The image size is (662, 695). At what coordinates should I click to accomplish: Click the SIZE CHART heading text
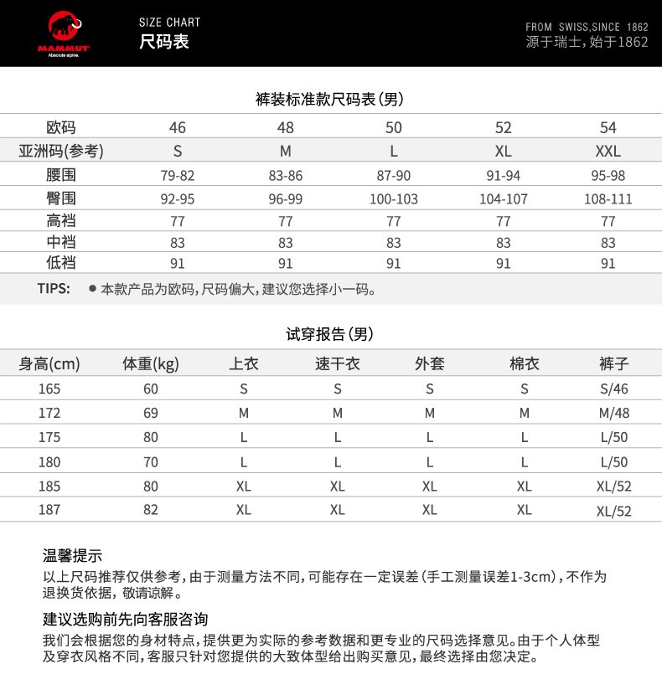click(x=170, y=22)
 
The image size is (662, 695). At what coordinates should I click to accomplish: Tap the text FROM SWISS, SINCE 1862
click(x=587, y=27)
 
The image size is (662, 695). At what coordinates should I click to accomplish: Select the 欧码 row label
click(x=60, y=128)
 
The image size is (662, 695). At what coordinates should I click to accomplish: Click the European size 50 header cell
click(x=394, y=128)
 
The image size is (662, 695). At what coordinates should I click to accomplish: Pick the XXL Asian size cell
click(x=608, y=152)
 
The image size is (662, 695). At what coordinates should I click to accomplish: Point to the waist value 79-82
click(x=178, y=176)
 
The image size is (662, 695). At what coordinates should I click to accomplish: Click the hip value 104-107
click(x=504, y=199)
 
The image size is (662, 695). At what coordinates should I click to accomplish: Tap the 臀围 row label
click(x=60, y=199)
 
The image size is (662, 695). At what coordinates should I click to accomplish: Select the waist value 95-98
click(x=608, y=176)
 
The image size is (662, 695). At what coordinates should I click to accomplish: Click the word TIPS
click(x=54, y=290)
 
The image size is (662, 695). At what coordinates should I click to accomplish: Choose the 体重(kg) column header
click(x=151, y=364)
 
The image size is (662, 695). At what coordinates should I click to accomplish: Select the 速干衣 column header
click(x=338, y=364)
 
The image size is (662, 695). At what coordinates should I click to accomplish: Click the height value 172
click(x=50, y=413)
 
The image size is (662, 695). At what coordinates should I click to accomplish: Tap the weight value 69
click(x=151, y=413)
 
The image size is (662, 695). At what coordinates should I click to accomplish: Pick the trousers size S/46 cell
click(x=614, y=389)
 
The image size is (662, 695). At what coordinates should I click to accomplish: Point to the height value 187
click(x=50, y=509)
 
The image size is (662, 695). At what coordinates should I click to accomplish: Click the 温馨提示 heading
click(x=73, y=556)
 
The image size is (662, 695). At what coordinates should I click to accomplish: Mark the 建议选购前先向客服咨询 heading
click(x=126, y=620)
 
